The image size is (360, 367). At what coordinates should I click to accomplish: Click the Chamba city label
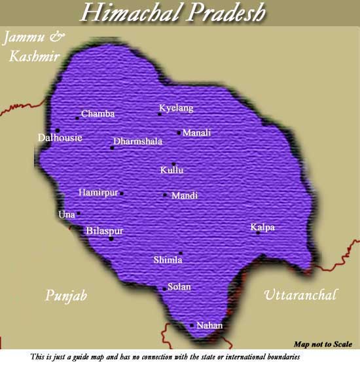(x=98, y=114)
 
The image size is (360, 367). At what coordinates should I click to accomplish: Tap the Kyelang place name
(x=177, y=108)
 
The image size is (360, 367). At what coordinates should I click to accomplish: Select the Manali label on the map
(x=196, y=133)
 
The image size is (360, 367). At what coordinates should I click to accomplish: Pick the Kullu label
(x=171, y=170)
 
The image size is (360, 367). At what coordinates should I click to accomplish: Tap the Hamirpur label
(x=98, y=193)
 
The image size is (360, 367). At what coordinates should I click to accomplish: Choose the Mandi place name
(x=184, y=196)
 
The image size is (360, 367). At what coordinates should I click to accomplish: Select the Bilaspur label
(x=104, y=231)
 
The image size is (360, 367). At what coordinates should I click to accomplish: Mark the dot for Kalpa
(x=259, y=233)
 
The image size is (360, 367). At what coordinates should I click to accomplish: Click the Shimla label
(x=168, y=260)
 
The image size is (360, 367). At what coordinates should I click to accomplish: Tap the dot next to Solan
(x=164, y=288)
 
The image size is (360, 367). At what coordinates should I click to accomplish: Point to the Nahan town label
(x=209, y=326)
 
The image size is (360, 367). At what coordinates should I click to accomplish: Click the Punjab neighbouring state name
(x=66, y=296)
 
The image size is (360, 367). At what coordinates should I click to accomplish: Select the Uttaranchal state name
(x=300, y=295)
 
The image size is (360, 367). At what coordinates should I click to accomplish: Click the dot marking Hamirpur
(x=122, y=193)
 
